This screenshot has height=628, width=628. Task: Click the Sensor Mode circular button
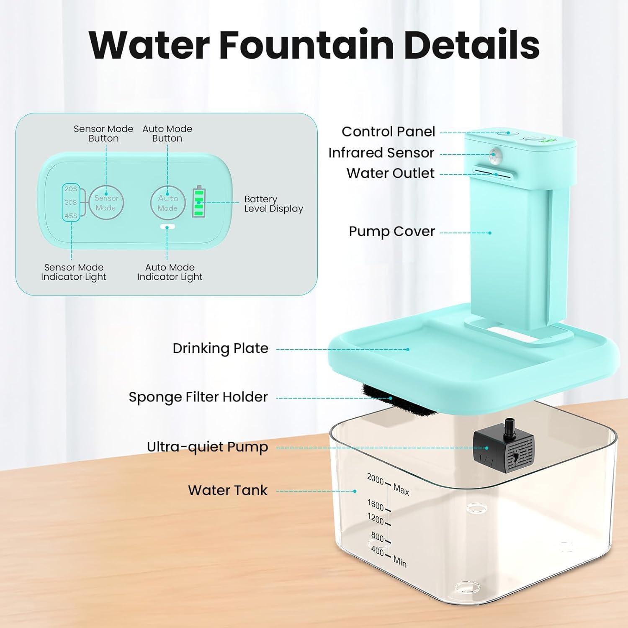[x=106, y=203]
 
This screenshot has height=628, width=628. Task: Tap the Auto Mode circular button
[x=167, y=203]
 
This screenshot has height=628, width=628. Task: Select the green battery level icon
[x=199, y=203]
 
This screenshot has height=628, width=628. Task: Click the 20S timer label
[x=71, y=189]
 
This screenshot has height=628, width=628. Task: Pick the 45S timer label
[x=71, y=216]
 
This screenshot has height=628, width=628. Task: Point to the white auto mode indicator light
[x=167, y=227]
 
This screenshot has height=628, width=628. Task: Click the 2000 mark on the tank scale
[x=375, y=479]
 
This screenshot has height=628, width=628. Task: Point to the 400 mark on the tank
[x=377, y=551]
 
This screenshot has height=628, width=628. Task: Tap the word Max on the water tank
[x=401, y=489]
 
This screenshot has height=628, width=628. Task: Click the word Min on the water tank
[x=400, y=561]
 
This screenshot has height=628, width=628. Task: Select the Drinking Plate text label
[x=220, y=348]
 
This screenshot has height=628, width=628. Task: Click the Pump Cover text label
[x=391, y=232]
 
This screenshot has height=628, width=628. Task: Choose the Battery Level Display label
[x=273, y=204]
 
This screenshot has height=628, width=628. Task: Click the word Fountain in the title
[x=306, y=45]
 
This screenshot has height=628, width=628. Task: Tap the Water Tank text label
[x=227, y=490]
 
